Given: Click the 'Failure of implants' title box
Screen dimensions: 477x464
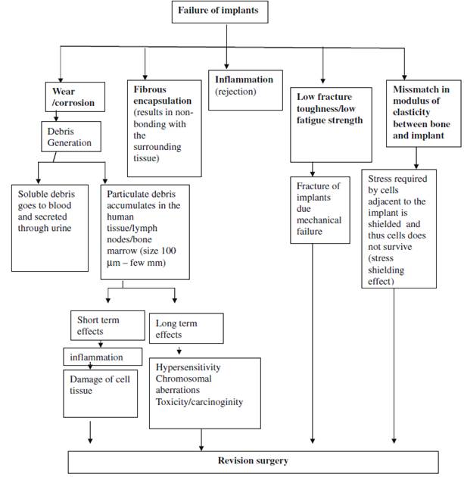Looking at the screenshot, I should coord(220,11).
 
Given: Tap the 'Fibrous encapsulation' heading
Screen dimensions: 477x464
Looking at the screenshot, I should coord(162,95).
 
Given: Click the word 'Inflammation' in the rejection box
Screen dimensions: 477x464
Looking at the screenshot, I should coord(244,80).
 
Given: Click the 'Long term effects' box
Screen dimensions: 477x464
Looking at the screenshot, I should coord(186,328).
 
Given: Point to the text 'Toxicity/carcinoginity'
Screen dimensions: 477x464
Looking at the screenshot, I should coord(200,401).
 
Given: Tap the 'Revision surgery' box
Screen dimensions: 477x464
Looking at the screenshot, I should coord(253,460).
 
